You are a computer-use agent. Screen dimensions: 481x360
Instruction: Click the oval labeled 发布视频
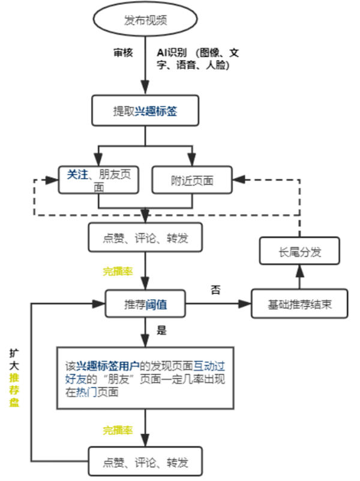145,20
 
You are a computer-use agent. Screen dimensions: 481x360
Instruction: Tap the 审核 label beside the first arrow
123,53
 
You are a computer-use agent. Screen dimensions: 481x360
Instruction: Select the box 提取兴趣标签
145,111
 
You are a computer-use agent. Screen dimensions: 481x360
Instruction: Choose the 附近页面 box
191,179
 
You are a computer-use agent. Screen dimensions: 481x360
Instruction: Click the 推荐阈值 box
145,304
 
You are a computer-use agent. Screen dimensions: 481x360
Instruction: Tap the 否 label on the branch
215,290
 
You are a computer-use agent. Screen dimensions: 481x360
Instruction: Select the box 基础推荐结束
299,304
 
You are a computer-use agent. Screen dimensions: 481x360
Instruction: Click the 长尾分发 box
299,252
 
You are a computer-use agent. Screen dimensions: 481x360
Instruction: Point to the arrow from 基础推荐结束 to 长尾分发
299,278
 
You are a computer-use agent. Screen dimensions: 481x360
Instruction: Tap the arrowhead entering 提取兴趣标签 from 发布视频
145,91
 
